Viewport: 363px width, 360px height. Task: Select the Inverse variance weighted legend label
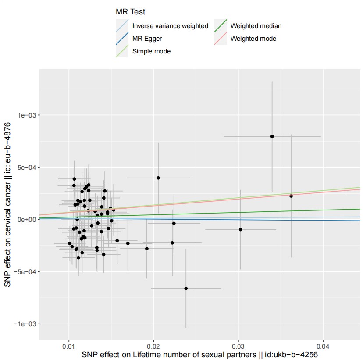170,26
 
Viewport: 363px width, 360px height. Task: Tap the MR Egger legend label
147,39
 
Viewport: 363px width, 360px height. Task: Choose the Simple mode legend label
151,51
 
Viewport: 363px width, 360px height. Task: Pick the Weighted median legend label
256,26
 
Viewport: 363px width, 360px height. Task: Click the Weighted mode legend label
253,39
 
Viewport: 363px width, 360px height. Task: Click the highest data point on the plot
272,136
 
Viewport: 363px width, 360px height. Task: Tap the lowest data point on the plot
186,288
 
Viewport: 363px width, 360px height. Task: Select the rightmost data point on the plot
291,196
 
